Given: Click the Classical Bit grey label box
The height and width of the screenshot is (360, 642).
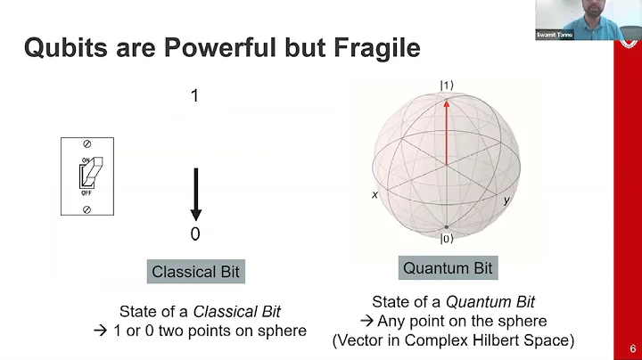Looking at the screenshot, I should pos(195,272).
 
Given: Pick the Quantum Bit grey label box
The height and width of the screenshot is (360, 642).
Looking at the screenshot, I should pos(448,267).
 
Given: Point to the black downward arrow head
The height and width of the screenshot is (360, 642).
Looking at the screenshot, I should pos(196,214).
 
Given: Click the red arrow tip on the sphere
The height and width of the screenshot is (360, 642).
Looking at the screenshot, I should pos(446,99).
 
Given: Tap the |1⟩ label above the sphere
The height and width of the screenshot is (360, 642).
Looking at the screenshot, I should pos(446,86).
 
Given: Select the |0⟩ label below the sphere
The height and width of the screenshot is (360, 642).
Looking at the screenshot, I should pos(446,239).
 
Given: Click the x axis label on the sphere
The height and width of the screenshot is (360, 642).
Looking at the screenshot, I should pos(375,194).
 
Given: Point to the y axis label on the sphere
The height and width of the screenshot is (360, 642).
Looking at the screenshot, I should pos(506,200).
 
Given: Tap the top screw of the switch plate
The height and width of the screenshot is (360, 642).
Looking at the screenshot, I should pos(86,143).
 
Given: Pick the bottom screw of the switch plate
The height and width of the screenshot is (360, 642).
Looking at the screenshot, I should pos(86,209).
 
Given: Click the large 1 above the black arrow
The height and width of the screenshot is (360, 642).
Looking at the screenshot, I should pos(194,95).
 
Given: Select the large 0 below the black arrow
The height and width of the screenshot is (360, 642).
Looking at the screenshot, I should pos(195,234).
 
